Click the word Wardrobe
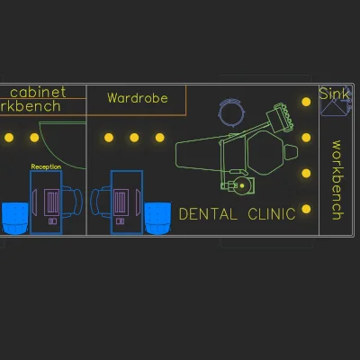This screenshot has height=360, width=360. (138, 98)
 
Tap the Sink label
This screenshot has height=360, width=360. (334, 94)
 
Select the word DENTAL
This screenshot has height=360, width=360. (208, 214)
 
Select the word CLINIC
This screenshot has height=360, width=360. (272, 214)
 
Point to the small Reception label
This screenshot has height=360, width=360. (46, 166)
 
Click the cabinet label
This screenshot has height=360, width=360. (38, 92)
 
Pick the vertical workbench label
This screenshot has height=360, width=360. (337, 180)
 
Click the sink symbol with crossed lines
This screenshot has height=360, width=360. (335, 102)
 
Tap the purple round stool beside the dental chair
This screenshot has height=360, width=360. (231, 112)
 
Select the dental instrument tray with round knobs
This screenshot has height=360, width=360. (281, 118)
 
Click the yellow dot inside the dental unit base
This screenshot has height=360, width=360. (242, 186)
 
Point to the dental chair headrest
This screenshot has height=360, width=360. (291, 152)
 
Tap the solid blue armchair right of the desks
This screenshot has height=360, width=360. (157, 218)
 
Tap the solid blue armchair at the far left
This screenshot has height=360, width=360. (15, 218)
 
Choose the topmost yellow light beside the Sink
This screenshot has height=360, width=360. (306, 102)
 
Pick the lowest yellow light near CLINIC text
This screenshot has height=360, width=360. (306, 209)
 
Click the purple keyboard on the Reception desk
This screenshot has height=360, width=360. (52, 202)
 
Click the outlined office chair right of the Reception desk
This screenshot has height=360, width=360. (72, 202)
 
